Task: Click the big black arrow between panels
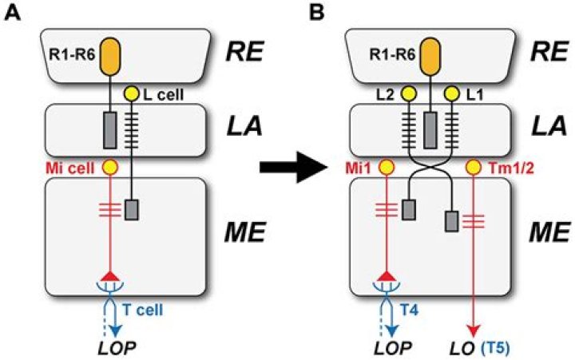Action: [x=293, y=168]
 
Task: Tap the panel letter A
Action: [x=13, y=14]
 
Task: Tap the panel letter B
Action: [x=316, y=14]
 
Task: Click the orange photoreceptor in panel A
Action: [x=110, y=55]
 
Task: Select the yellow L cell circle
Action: [x=132, y=94]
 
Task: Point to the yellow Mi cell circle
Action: [x=110, y=168]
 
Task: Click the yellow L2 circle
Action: [x=408, y=94]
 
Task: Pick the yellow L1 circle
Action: [x=451, y=94]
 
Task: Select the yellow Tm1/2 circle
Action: [x=474, y=168]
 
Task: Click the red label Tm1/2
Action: [x=512, y=168]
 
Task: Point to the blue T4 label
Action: [x=409, y=311]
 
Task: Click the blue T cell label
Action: [x=143, y=311]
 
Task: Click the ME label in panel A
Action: [x=244, y=232]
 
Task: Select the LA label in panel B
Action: [x=547, y=126]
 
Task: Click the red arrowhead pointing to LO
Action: [x=474, y=332]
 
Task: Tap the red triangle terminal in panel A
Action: [x=110, y=275]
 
